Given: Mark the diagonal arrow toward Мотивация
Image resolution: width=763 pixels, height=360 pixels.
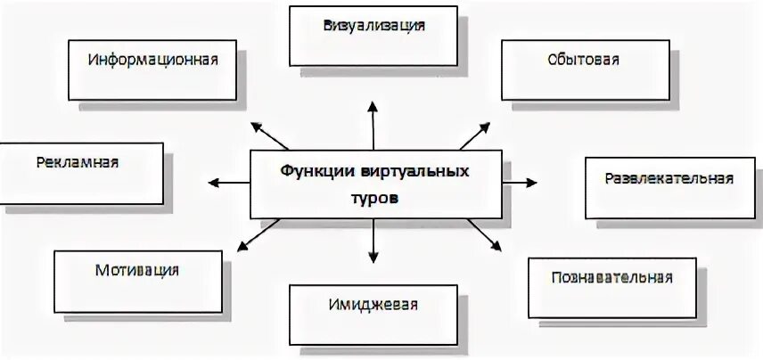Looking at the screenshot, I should coord(258,233).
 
